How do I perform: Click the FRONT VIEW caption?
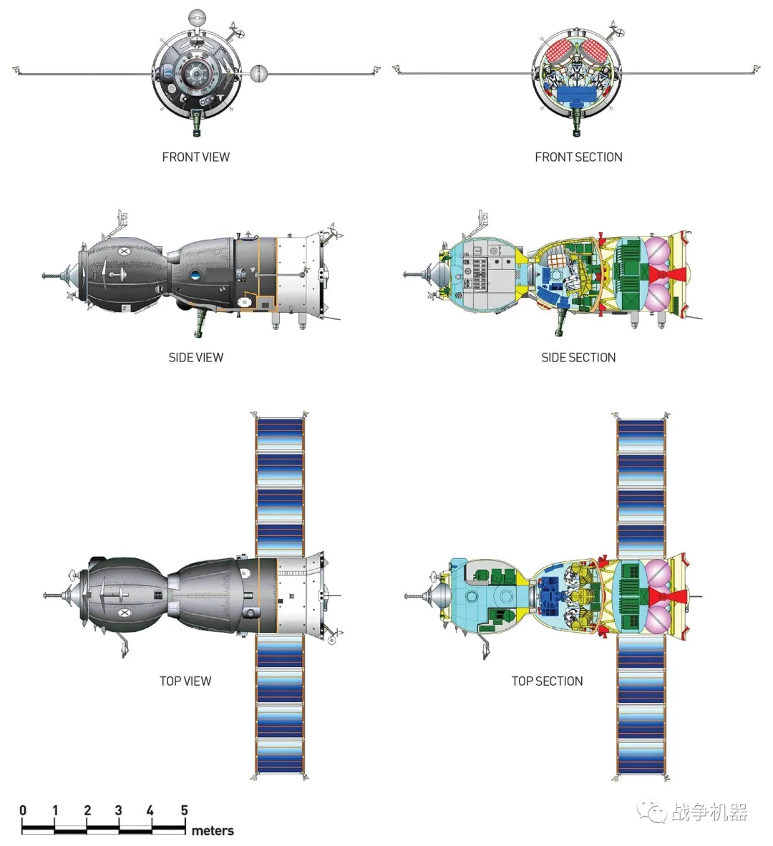[195, 157]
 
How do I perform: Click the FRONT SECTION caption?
[578, 157]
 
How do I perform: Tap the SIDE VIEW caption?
[195, 357]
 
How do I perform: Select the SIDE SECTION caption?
[578, 357]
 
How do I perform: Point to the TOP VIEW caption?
[185, 681]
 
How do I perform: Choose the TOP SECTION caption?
[547, 681]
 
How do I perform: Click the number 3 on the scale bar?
[119, 810]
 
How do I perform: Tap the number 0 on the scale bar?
[23, 810]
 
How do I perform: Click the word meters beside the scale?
[213, 830]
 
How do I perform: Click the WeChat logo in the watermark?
[651, 812]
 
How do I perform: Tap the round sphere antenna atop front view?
[195, 17]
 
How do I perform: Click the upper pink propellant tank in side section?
[658, 251]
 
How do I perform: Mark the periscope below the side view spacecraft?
[200, 321]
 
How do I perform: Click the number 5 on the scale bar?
[184, 810]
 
